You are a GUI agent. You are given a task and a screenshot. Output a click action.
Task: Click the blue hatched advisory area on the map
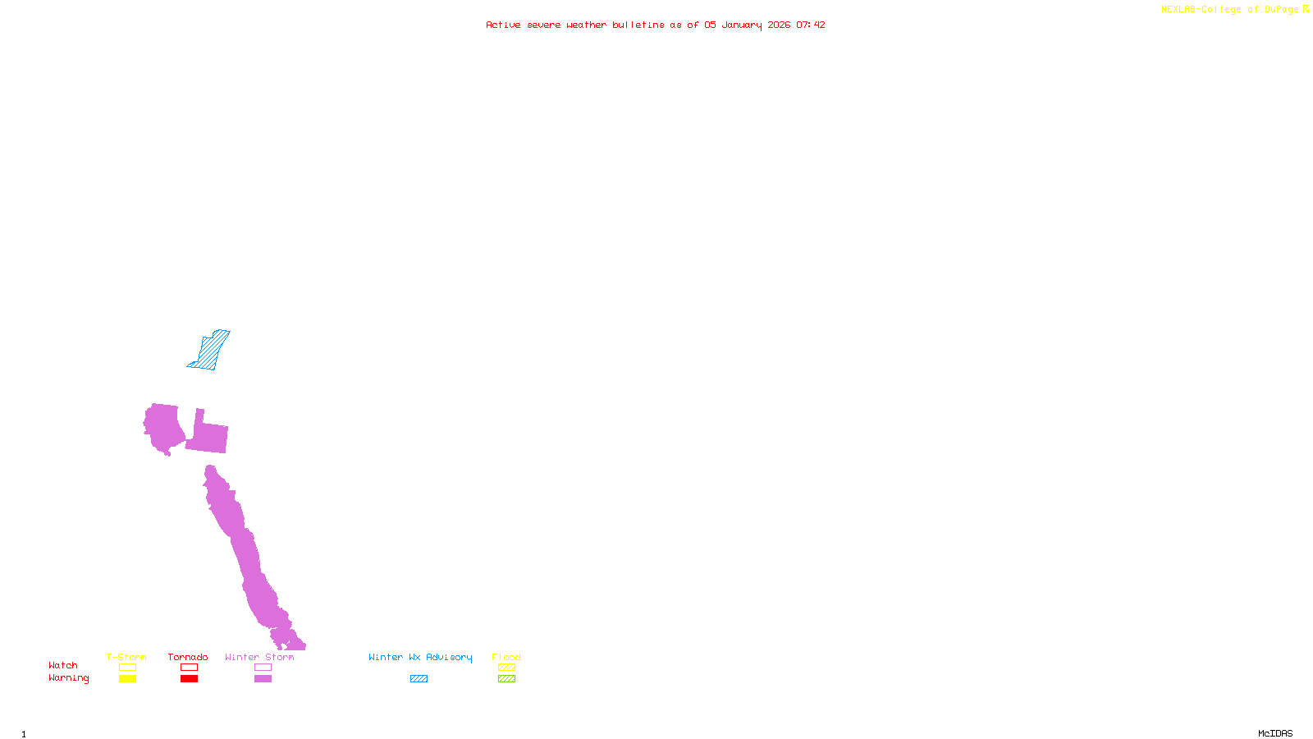pyautogui.click(x=210, y=351)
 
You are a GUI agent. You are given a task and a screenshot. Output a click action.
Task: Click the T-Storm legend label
pyautogui.click(x=126, y=657)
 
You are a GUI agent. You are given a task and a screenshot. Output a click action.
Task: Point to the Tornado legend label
pyautogui.click(x=188, y=657)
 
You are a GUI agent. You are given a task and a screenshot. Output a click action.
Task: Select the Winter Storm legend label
pyautogui.click(x=259, y=657)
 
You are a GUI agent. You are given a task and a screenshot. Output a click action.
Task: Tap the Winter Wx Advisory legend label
pyautogui.click(x=420, y=657)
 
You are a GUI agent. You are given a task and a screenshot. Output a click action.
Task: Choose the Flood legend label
pyautogui.click(x=506, y=657)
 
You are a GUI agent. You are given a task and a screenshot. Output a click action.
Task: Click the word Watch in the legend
pyautogui.click(x=63, y=665)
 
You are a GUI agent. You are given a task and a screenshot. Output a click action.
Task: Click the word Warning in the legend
pyautogui.click(x=69, y=678)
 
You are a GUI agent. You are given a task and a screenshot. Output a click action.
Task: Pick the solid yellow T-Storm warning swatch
pyautogui.click(x=127, y=679)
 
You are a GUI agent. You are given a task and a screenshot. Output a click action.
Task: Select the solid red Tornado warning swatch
pyautogui.click(x=189, y=679)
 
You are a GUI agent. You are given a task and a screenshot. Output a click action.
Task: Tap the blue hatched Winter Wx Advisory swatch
pyautogui.click(x=419, y=679)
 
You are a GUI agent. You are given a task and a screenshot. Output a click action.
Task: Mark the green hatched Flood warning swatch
pyautogui.click(x=506, y=679)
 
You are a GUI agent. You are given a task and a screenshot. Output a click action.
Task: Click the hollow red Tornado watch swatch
pyautogui.click(x=189, y=668)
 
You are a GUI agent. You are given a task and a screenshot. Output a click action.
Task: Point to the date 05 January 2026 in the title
pyautogui.click(x=748, y=25)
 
